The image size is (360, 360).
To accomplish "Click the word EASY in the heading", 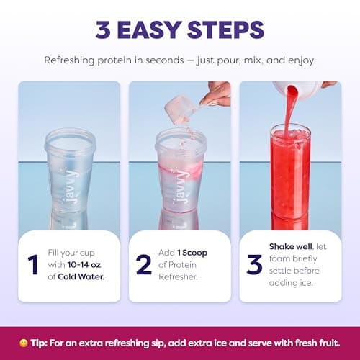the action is [149, 30].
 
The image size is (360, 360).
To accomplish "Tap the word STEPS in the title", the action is [226, 30].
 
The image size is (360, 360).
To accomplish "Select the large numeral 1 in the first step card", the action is [33, 264].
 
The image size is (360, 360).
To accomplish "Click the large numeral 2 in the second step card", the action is [144, 264].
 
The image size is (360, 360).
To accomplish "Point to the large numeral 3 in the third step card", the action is [254, 264].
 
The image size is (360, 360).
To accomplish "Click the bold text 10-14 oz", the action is [84, 265].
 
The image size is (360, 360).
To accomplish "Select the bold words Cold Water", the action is [81, 276].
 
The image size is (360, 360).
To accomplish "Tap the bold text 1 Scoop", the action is [192, 253].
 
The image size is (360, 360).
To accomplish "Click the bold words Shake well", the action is [291, 246].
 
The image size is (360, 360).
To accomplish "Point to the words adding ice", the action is [291, 283].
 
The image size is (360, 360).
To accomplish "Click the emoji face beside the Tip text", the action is [23, 343].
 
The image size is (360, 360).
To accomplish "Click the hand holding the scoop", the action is [216, 94].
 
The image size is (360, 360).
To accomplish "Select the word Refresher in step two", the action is [178, 276].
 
